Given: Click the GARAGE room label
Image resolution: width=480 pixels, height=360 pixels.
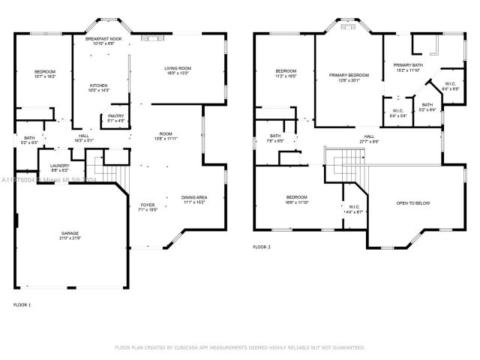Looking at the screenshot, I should [x=69, y=233].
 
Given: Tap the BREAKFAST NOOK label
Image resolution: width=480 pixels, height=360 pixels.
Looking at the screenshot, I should [x=104, y=37].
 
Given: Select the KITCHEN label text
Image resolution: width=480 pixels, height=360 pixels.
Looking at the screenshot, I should [x=99, y=85].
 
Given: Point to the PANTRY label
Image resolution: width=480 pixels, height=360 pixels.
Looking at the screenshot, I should [x=115, y=115].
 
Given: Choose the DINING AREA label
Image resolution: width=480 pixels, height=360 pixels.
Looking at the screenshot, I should [x=193, y=197].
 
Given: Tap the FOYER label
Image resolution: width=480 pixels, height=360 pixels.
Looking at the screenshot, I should [x=148, y=204].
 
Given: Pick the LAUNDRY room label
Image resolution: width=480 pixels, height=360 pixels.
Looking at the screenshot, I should [x=60, y=165].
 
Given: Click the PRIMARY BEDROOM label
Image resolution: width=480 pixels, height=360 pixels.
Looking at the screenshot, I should [x=349, y=75].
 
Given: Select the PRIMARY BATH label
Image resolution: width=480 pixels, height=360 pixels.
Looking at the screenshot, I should [x=409, y=65].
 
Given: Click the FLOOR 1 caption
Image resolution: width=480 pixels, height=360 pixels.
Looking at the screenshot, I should [x=22, y=304].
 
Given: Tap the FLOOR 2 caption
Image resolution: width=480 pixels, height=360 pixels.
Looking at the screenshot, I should [x=261, y=247].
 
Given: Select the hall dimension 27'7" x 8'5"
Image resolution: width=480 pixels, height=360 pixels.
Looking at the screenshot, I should [x=369, y=140].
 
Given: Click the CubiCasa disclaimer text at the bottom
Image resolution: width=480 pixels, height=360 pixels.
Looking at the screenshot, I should [x=239, y=347].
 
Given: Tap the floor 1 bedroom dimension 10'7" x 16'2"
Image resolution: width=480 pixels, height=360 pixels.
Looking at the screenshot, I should [x=45, y=76].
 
